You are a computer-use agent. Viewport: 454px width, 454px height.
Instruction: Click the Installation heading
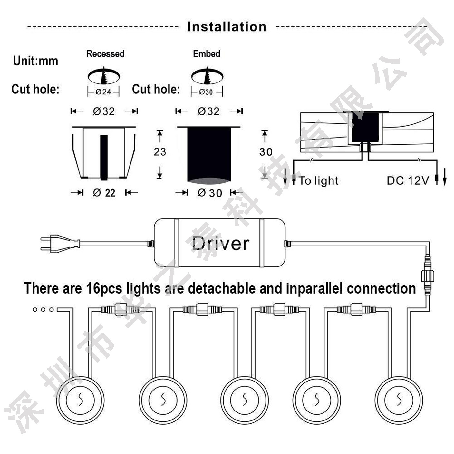point(227,27)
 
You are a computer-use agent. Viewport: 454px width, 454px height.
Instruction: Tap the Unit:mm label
point(35,61)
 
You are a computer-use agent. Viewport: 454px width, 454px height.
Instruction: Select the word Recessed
point(105,53)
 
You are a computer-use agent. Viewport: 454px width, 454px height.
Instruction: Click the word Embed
point(207,53)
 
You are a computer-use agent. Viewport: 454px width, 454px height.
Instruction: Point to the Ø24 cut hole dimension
point(103,92)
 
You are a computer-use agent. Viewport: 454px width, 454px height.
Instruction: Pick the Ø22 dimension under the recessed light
point(104,193)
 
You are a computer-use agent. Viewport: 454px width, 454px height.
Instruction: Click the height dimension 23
point(160,151)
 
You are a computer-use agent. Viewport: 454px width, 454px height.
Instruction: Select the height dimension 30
point(266,152)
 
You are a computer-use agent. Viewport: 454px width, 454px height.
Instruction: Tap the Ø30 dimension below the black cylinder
point(210,193)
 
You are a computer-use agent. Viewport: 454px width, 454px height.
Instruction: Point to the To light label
point(319,181)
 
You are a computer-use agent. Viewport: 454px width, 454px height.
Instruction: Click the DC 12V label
point(408,181)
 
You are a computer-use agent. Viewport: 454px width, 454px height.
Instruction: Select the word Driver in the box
point(221,243)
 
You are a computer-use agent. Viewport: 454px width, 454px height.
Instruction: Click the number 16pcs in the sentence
point(104,288)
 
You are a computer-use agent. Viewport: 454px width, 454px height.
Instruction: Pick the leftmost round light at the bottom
point(80,401)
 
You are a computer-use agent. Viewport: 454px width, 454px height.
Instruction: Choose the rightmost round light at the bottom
point(399,401)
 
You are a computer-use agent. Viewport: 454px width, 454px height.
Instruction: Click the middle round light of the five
point(245,401)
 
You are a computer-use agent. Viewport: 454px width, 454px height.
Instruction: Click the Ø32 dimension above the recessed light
point(104,111)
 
